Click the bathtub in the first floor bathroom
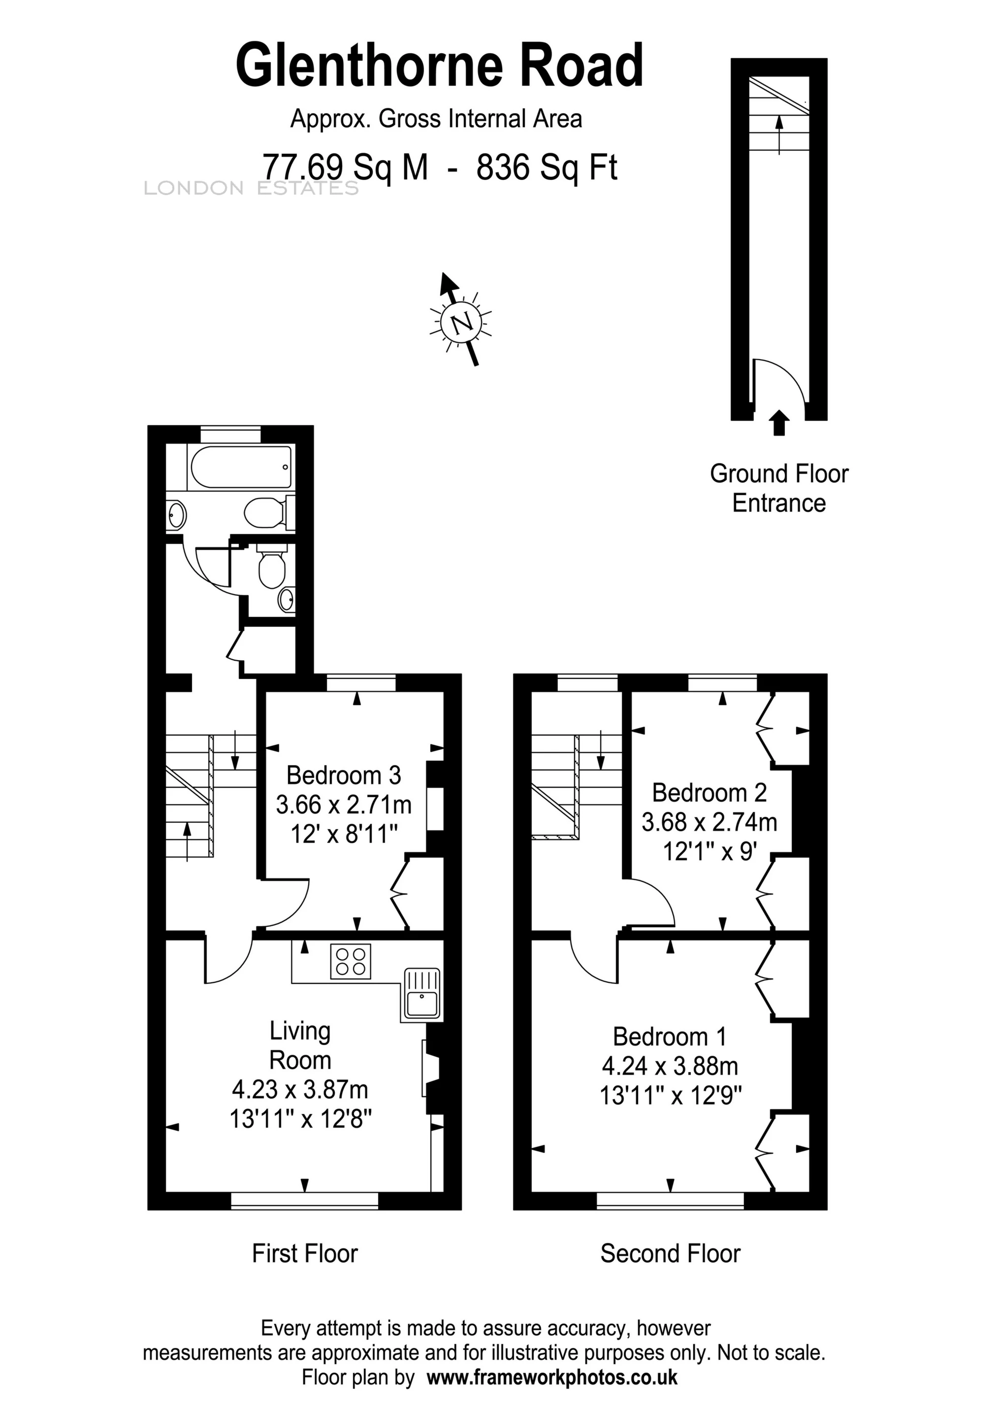click(x=241, y=468)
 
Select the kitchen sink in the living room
click(x=422, y=993)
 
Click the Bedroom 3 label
click(x=344, y=775)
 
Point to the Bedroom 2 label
click(x=709, y=793)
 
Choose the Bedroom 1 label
click(x=670, y=1037)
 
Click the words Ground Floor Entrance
click(x=779, y=489)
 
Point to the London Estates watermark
click(x=251, y=188)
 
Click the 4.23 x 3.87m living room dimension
click(x=300, y=1090)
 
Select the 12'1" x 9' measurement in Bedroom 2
click(x=709, y=852)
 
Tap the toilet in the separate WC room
click(x=271, y=566)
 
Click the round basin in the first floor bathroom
click(x=177, y=514)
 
